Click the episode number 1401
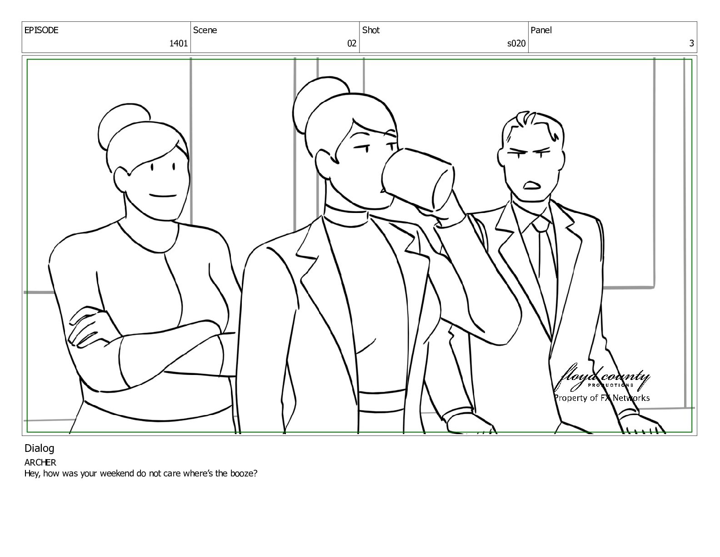[x=178, y=43]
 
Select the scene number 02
[x=352, y=43]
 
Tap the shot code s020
[x=516, y=43]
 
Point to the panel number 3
[x=691, y=43]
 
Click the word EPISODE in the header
[x=41, y=30]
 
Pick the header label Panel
[x=541, y=30]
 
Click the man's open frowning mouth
[x=531, y=185]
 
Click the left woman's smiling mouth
[x=163, y=195]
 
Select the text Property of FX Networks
[x=602, y=398]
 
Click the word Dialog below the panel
[x=39, y=449]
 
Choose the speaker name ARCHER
[x=40, y=462]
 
